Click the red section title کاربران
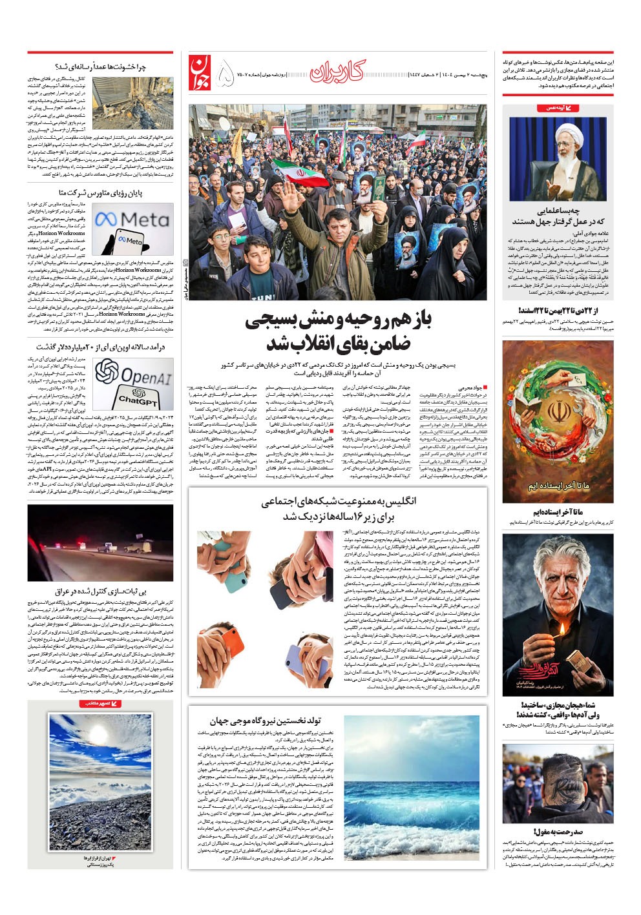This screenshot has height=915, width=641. [x=337, y=72]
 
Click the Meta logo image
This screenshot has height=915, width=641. [x=132, y=228]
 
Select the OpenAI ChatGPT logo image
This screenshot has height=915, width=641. [x=133, y=383]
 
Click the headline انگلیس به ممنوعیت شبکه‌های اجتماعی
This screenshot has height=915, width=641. [x=338, y=509]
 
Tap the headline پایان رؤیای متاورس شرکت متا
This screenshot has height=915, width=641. [x=101, y=193]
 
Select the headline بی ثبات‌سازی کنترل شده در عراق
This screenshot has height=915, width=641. [x=101, y=591]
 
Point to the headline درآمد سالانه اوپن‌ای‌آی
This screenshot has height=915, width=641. [x=101, y=347]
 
